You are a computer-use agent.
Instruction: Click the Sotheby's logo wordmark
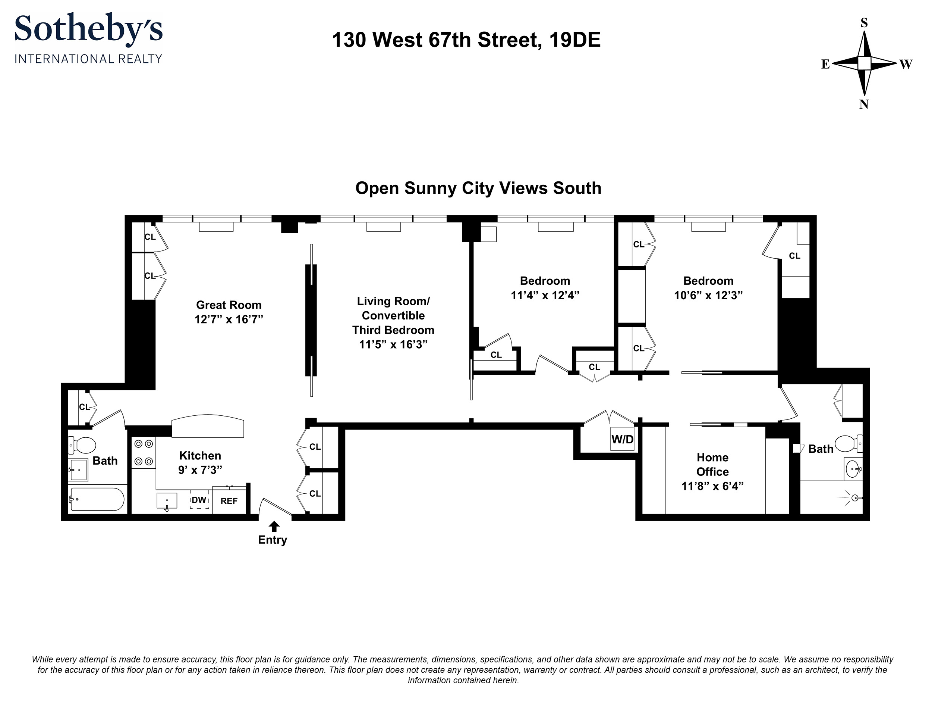88,28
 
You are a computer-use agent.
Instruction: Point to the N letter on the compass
864,104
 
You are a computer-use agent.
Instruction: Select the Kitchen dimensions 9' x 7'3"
200,470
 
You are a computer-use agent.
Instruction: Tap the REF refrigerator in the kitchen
229,501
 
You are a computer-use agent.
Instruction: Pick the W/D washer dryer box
622,439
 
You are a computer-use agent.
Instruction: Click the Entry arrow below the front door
274,526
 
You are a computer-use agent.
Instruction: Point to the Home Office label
712,465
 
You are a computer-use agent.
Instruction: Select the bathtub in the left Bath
97,499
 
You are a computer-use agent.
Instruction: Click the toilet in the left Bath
83,446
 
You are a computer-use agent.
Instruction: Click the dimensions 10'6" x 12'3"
708,296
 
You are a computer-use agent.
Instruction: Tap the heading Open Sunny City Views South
478,188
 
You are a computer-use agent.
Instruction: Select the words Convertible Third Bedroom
393,323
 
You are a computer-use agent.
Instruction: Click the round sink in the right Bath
853,469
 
